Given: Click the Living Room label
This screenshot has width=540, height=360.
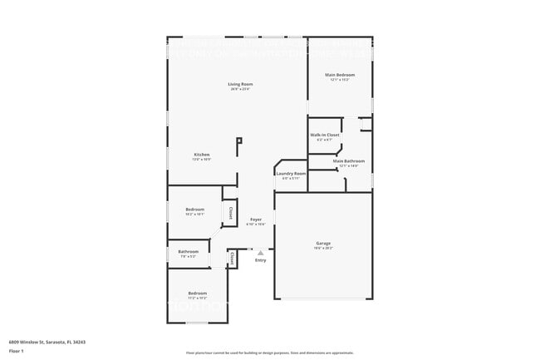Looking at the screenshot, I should pyautogui.click(x=241, y=84).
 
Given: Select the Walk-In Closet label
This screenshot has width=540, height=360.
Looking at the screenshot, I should pyautogui.click(x=325, y=135).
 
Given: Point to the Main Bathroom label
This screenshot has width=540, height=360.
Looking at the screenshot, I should pyautogui.click(x=349, y=161).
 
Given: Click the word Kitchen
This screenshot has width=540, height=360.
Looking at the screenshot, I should pyautogui.click(x=202, y=155).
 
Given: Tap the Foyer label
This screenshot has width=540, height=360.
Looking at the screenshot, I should pyautogui.click(x=256, y=219).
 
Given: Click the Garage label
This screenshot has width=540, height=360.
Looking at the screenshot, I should pyautogui.click(x=323, y=244).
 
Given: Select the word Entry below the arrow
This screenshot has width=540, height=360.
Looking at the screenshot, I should pyautogui.click(x=260, y=260).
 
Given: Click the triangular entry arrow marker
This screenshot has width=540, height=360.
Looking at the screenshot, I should pyautogui.click(x=260, y=253).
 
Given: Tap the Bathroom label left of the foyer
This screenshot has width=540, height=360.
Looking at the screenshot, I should pyautogui.click(x=188, y=251).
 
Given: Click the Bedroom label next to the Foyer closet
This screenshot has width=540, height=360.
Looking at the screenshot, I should pyautogui.click(x=195, y=209).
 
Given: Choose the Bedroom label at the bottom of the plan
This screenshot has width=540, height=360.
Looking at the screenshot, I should pyautogui.click(x=197, y=293).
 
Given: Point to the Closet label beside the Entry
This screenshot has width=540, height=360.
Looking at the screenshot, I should pyautogui.click(x=232, y=259).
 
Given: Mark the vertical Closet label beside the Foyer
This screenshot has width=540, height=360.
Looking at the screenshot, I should pyautogui.click(x=230, y=213).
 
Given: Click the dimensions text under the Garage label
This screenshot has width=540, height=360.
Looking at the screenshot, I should pyautogui.click(x=323, y=248).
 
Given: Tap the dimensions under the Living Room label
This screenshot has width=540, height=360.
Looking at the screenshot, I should pyautogui.click(x=241, y=89).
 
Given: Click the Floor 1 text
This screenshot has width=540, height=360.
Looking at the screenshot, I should pyautogui.click(x=15, y=351).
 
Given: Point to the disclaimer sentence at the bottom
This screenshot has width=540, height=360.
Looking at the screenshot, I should pyautogui.click(x=269, y=353).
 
